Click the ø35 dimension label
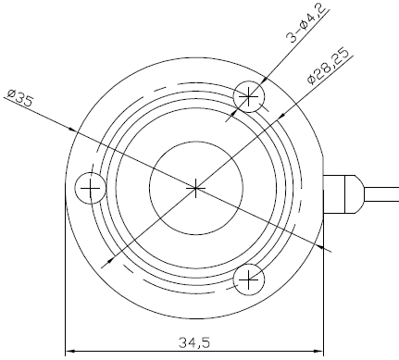pyautogui.click(x=20, y=97)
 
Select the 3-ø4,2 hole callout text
pyautogui.click(x=306, y=22)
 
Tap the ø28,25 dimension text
pyautogui.click(x=330, y=67)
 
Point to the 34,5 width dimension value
pyautogui.click(x=194, y=342)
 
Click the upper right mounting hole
pyautogui.click(x=249, y=96)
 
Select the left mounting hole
pyautogui.click(x=91, y=188)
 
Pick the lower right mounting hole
pyautogui.click(x=249, y=279)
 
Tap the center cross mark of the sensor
pyautogui.click(x=195, y=188)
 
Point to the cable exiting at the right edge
pyautogui.click(x=381, y=194)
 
